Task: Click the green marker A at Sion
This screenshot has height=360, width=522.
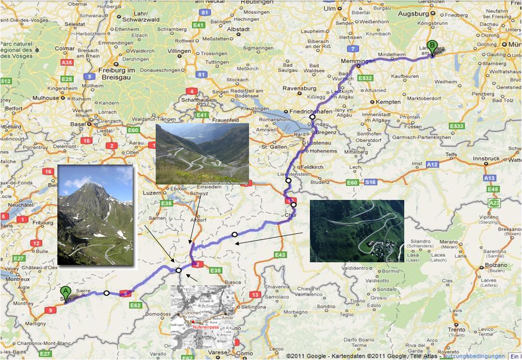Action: (65, 292)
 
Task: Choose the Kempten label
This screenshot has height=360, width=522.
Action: (389, 102)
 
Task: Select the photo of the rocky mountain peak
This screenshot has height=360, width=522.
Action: (95, 214)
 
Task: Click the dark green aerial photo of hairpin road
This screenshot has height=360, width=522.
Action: (357, 231)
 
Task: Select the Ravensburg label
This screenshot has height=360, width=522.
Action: (299, 89)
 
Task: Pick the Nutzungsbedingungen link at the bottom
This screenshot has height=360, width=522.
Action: (474, 356)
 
